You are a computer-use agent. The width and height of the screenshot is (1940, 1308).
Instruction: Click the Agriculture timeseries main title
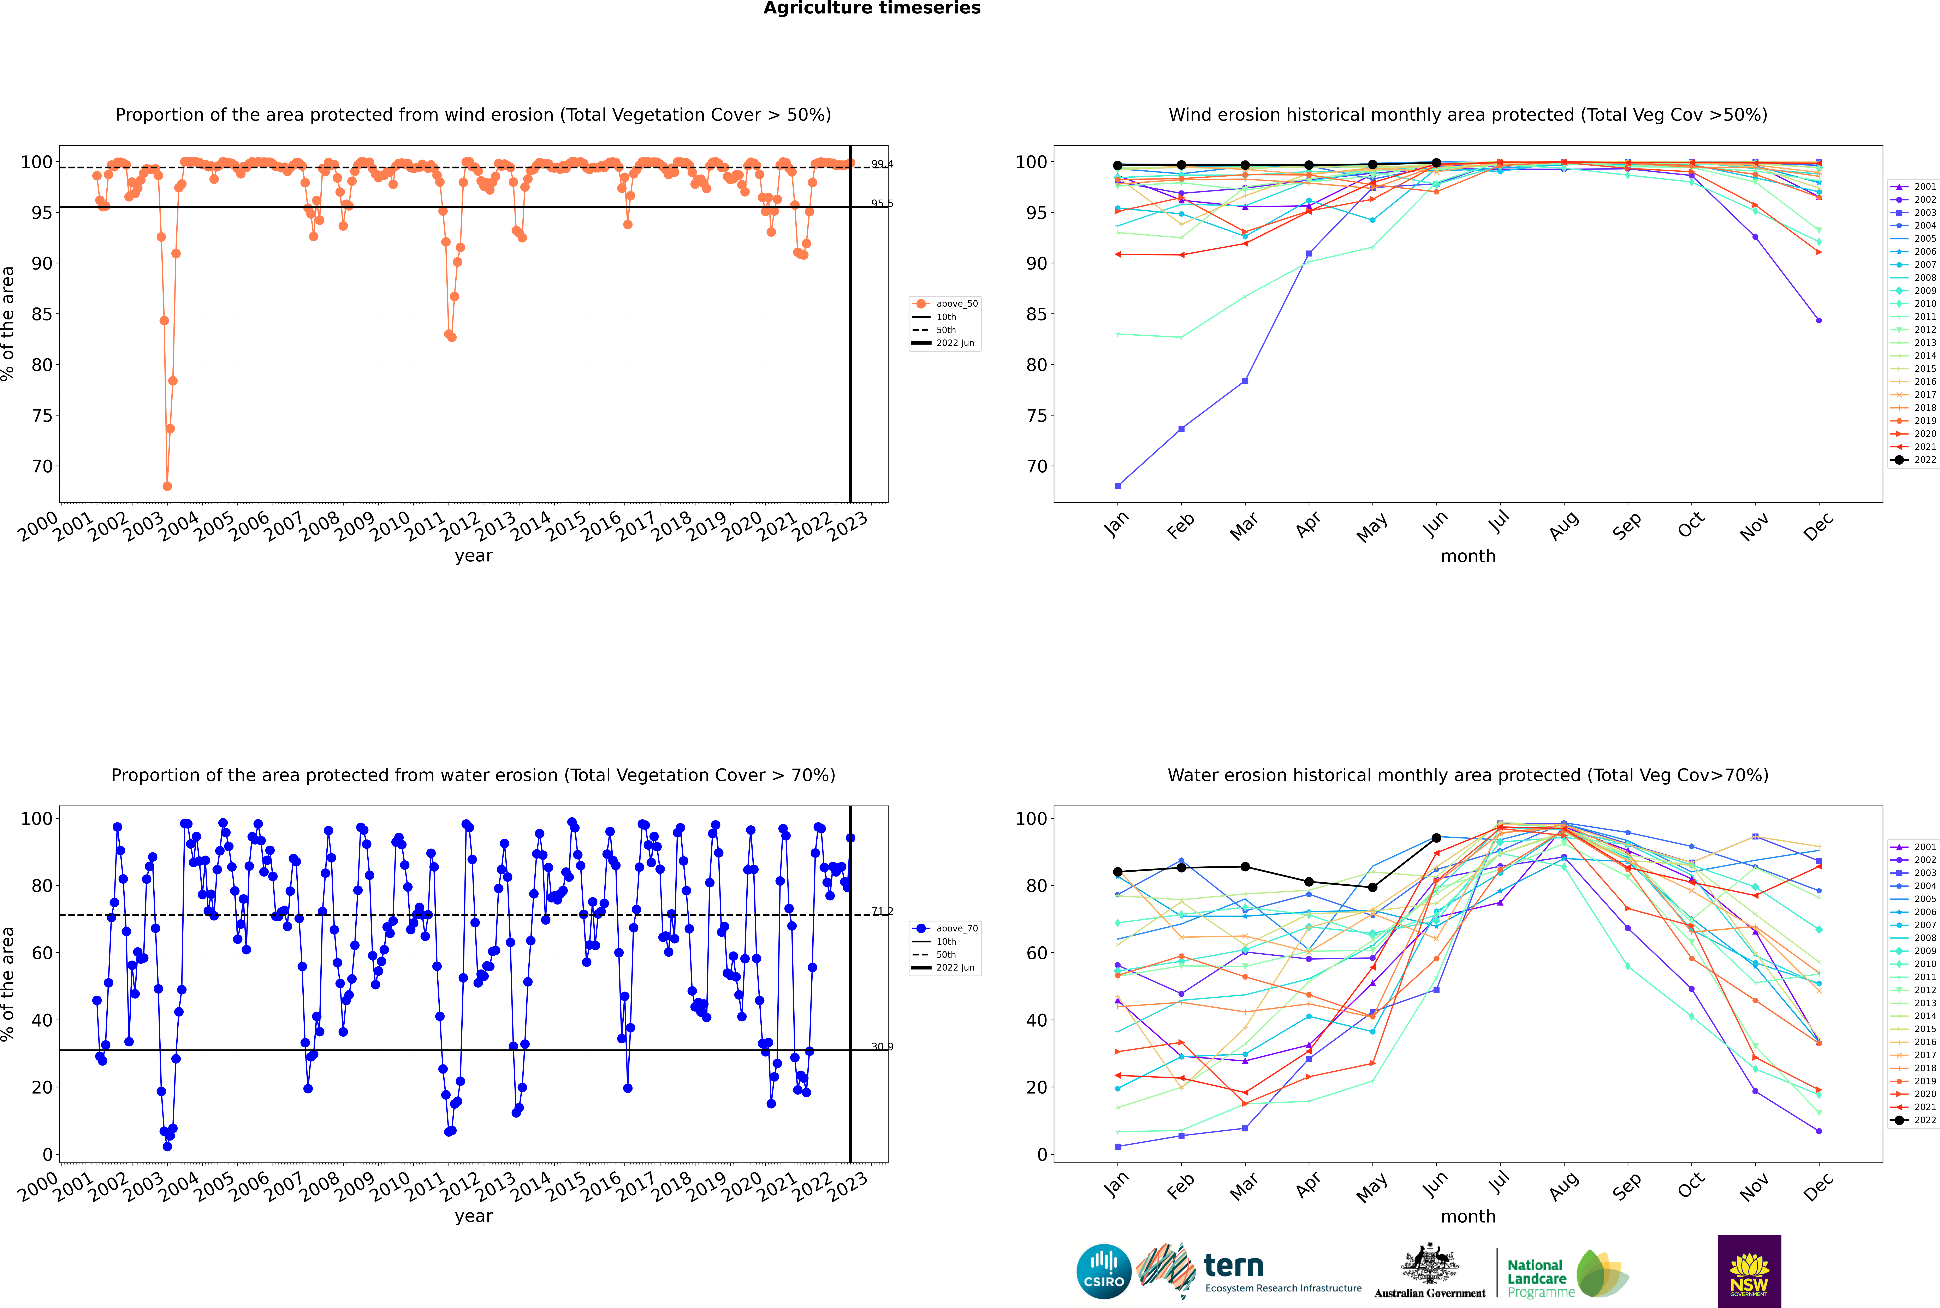[872, 8]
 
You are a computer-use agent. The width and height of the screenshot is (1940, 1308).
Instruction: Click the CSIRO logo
[1103, 1271]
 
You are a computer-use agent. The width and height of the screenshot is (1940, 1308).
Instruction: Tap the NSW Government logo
[1749, 1271]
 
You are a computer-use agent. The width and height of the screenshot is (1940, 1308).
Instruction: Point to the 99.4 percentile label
[882, 164]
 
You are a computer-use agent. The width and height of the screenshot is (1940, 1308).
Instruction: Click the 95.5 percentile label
[882, 204]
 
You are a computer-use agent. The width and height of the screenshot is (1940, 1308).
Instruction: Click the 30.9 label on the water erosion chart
[882, 1047]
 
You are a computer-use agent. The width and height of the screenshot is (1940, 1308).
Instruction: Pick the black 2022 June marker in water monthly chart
[1436, 837]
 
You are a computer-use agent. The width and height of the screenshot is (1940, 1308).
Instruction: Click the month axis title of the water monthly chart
[1468, 1216]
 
